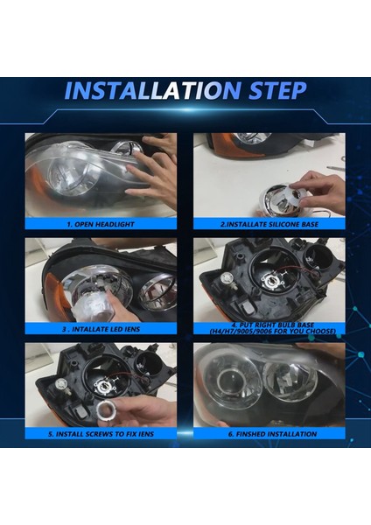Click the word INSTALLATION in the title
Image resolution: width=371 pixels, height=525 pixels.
pos(151,90)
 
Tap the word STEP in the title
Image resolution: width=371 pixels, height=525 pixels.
pos(277,90)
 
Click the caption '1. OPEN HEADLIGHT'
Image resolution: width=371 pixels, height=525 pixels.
pos(101,224)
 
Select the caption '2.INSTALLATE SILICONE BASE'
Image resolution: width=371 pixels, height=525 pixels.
pos(269,224)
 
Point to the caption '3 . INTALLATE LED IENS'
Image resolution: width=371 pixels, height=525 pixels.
pos(101,329)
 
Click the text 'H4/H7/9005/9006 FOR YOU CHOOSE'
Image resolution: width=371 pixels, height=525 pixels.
pos(273,332)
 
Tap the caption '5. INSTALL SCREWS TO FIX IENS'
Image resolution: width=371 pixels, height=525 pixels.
pos(101,434)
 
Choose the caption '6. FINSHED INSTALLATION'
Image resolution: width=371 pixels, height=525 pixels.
pos(272,434)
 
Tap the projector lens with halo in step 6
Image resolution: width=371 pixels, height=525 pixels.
pos(230,381)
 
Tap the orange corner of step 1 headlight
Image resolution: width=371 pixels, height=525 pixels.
pos(36,190)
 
